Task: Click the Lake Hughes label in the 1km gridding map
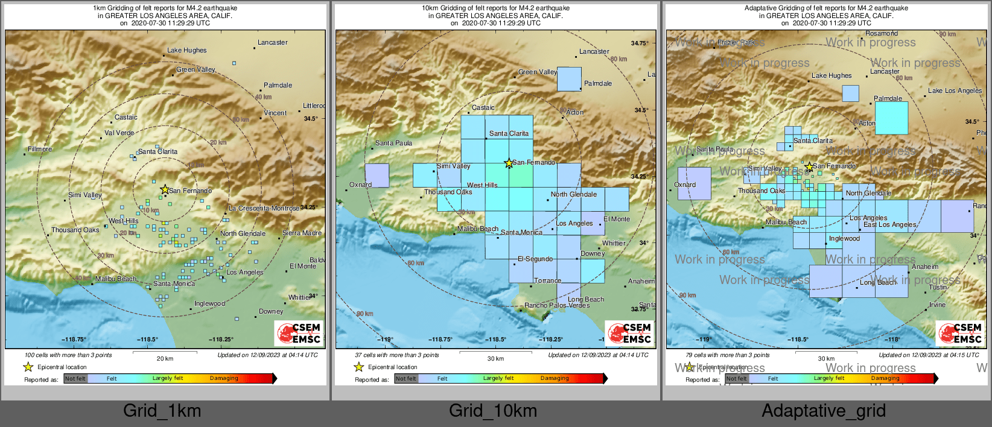[x=186, y=51]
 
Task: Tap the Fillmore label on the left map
[x=40, y=149]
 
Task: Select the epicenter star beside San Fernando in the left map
[x=165, y=189]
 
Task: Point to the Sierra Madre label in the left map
[x=302, y=233]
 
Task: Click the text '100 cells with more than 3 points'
[x=68, y=355]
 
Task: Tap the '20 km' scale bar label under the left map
[x=165, y=359]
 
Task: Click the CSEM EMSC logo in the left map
[x=299, y=333]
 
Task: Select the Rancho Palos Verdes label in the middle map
[x=557, y=305]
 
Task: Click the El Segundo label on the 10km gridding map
[x=535, y=259]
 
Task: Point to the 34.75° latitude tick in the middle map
[x=640, y=43]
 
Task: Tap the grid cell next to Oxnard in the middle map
[x=377, y=175]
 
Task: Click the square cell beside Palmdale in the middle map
[x=569, y=79]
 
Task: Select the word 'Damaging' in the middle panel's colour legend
[x=555, y=378]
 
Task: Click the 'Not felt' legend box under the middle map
[x=406, y=379]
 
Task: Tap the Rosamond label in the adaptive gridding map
[x=882, y=34]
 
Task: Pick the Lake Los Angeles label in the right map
[x=955, y=91]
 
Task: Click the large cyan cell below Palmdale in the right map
[x=891, y=118]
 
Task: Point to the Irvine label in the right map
[x=937, y=305]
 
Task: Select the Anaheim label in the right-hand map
[x=925, y=267]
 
